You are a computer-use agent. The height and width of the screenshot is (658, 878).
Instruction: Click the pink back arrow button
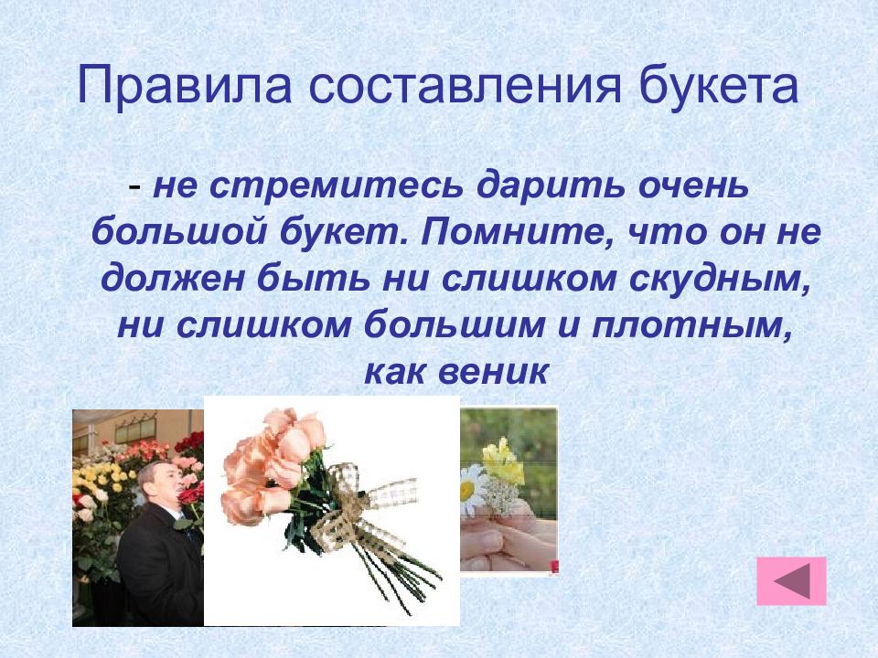pos(791,581)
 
